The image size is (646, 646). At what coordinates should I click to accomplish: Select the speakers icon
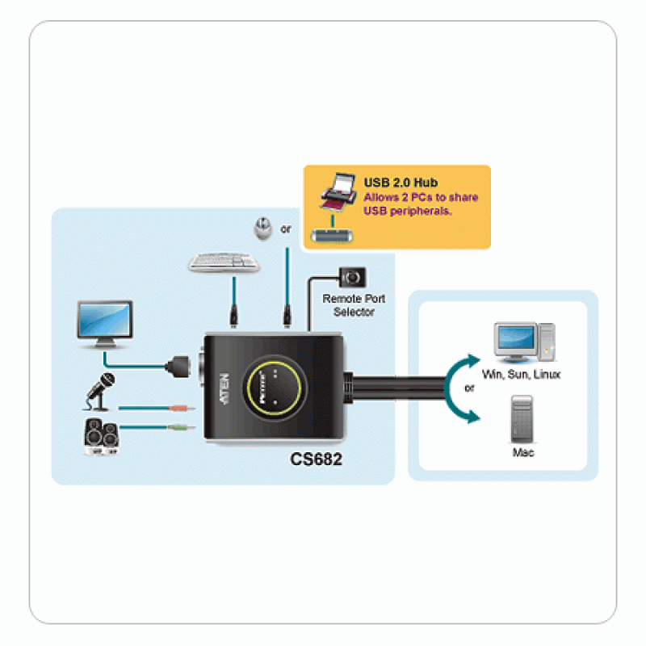(101, 437)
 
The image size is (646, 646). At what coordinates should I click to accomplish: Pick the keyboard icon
(224, 262)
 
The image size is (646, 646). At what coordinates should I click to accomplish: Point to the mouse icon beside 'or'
(262, 228)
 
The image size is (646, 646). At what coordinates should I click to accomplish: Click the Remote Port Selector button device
(353, 277)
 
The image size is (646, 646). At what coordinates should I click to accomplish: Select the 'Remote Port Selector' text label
(354, 305)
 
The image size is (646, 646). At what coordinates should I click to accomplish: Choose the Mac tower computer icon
(522, 417)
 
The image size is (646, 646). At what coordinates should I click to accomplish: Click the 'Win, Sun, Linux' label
(521, 375)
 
